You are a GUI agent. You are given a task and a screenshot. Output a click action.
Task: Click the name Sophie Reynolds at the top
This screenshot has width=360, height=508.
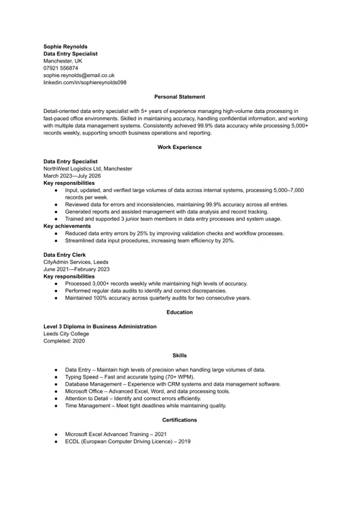[x=66, y=46]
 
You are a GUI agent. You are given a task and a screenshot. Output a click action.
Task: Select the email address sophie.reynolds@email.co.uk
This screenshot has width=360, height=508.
[x=79, y=75]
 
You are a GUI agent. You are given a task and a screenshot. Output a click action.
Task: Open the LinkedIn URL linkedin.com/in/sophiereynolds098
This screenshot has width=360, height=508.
[x=85, y=82]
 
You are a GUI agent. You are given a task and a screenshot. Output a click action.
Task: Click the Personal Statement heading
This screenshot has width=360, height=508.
[x=180, y=96]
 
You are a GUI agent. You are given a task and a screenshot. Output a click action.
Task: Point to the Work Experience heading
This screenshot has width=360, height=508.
[x=180, y=147]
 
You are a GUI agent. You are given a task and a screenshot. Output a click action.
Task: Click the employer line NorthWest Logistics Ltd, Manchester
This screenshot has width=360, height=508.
[x=88, y=168]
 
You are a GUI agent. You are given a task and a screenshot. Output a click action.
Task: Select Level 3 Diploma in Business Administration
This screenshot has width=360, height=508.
[x=100, y=327]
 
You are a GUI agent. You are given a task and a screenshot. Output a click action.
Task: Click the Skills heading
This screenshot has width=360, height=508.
[x=180, y=355]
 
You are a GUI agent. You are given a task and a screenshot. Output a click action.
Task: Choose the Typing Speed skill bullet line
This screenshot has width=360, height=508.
[x=135, y=377]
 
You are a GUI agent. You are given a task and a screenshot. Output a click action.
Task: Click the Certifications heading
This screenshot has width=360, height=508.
[x=180, y=419]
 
